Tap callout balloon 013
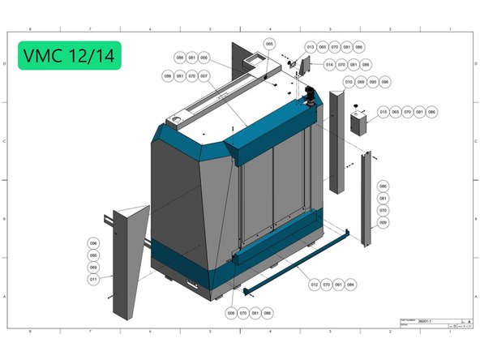pos(310,47)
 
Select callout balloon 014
pos(330,65)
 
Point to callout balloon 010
pos(349,82)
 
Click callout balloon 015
pos(383,111)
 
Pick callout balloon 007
pos(204,75)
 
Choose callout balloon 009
pos(384,221)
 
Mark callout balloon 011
pos(93,279)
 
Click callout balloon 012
pos(314,285)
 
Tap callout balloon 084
pos(350,285)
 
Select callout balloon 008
pos(231,312)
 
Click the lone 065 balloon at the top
pos(270,44)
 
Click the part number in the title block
pos(425,321)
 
